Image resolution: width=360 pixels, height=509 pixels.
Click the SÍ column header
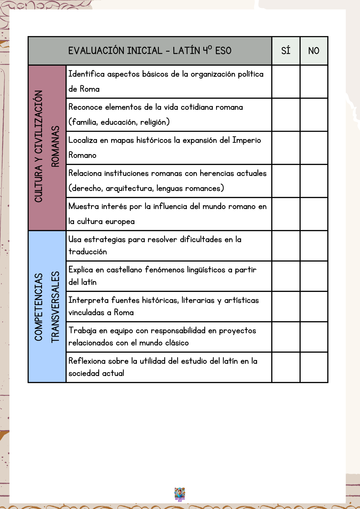coord(286,51)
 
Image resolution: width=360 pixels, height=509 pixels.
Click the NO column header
coord(314,51)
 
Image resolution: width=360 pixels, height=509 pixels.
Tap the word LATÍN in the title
coord(186,51)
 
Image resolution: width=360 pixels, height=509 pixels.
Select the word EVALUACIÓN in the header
coord(96,51)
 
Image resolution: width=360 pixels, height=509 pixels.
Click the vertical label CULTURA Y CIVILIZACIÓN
coord(39,146)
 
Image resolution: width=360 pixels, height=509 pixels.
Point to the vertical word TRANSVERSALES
coord(55,307)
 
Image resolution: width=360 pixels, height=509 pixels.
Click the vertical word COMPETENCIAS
coord(39,307)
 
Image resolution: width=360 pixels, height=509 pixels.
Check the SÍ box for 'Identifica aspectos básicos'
coord(286,82)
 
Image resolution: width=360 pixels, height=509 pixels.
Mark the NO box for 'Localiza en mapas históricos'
coord(314,148)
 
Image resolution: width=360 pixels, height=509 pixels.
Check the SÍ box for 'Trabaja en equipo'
coord(286,337)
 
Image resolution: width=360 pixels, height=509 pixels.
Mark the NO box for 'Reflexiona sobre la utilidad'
coord(314,367)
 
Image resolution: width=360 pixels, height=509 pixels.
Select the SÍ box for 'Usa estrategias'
coord(286,246)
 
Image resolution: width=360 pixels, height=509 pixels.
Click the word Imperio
coord(246,140)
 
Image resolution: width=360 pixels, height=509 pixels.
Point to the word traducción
coord(88,252)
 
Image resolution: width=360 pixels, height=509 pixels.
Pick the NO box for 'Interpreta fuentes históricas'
coord(314,307)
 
